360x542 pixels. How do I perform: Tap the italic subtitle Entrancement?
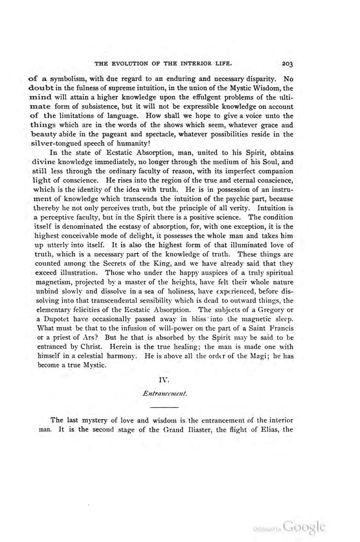[x=165, y=394]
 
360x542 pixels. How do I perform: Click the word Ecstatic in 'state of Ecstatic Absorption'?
[x=119, y=153]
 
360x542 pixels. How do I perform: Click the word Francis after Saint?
[x=281, y=329]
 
